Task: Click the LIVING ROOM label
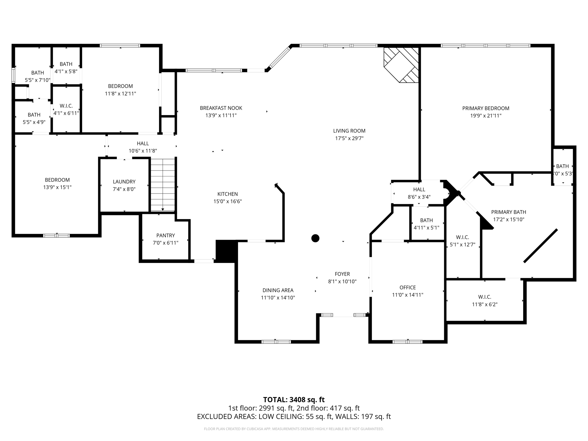pos(349,131)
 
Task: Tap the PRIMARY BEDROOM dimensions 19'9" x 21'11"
pos(486,116)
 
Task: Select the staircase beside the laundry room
pos(163,185)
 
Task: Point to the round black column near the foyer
pos(315,238)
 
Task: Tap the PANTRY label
pos(166,235)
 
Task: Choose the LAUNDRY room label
pos(124,182)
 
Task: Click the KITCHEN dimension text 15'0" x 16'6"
pos(227,202)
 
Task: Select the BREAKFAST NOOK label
pos(221,108)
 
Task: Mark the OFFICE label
pos(408,287)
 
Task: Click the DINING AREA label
pos(278,290)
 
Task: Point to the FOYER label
pos(342,274)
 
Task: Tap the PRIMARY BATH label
pos(508,212)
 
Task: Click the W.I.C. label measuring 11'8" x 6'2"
pos(485,297)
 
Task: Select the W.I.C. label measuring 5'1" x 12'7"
pos(462,237)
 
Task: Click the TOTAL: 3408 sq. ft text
pos(294,400)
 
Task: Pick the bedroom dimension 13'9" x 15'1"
pos(57,187)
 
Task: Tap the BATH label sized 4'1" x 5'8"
pos(66,64)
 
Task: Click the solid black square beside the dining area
pos(226,251)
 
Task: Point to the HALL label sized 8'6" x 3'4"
pos(419,189)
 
